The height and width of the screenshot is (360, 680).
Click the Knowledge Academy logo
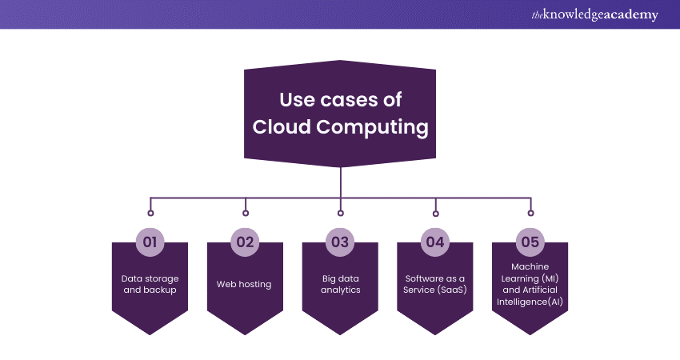(x=595, y=15)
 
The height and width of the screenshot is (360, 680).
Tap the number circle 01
(x=150, y=242)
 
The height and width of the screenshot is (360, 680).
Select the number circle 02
(x=245, y=242)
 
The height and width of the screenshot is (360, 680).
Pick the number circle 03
(x=340, y=242)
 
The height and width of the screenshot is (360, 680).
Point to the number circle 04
(x=435, y=242)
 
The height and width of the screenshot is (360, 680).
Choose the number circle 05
(x=530, y=242)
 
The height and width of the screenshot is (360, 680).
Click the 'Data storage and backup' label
(x=150, y=284)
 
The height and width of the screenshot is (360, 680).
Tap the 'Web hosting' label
(x=245, y=284)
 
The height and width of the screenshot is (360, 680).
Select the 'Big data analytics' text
(x=340, y=284)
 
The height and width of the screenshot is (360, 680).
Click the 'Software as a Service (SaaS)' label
(x=435, y=284)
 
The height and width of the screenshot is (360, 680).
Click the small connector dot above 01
(x=150, y=213)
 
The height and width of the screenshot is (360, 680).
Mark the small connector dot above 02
(x=246, y=213)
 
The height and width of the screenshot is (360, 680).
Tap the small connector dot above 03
(x=341, y=213)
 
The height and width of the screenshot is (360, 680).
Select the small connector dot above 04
(x=435, y=213)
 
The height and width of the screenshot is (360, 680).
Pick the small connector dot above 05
(x=530, y=213)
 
